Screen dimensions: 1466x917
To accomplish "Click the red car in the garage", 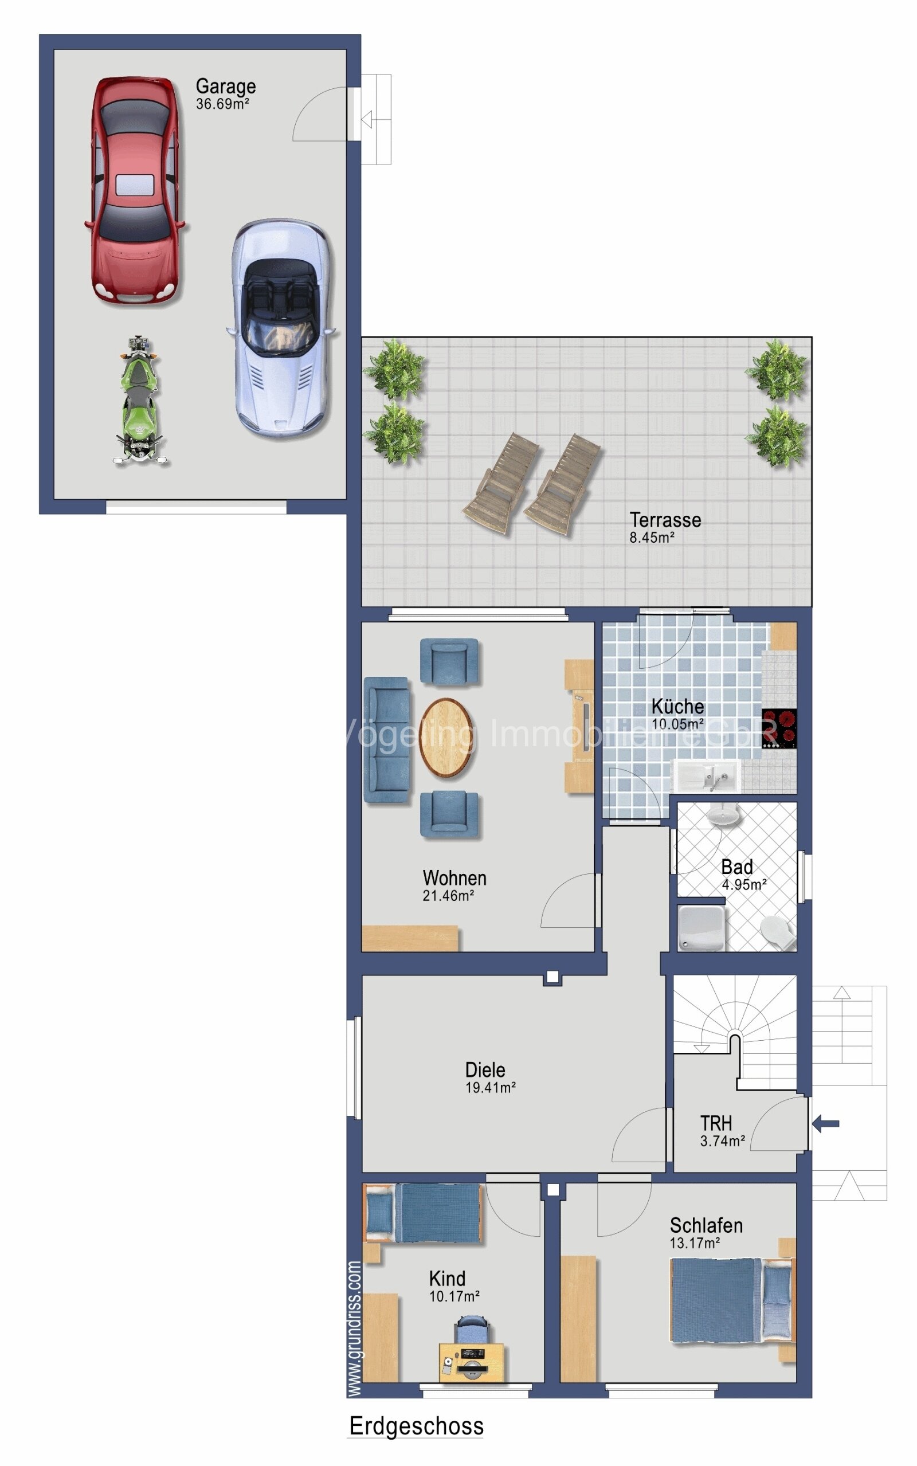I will pyautogui.click(x=135, y=189).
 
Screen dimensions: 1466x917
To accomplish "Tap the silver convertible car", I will pyautogui.click(x=281, y=328).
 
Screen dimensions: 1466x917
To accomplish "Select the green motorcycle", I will pyautogui.click(x=139, y=401).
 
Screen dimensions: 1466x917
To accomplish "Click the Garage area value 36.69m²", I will pyautogui.click(x=222, y=104).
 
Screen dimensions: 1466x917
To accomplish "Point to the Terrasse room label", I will pyautogui.click(x=665, y=520).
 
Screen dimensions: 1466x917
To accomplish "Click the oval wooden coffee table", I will pyautogui.click(x=446, y=737).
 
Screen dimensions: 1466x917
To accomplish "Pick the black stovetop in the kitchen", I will pyautogui.click(x=779, y=728).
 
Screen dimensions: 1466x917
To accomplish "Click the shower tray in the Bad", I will pyautogui.click(x=701, y=928).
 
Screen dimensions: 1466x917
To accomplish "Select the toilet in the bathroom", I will pyautogui.click(x=777, y=931).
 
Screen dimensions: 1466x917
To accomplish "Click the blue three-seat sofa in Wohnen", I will pyautogui.click(x=386, y=740).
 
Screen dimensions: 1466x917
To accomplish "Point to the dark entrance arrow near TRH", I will pyautogui.click(x=825, y=1123).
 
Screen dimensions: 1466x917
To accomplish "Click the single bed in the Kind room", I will pyautogui.click(x=424, y=1214).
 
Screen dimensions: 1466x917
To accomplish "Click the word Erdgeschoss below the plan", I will pyautogui.click(x=416, y=1426).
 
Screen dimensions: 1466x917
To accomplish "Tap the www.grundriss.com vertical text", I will pyautogui.click(x=355, y=1328).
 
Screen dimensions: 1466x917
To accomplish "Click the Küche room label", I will pyautogui.click(x=677, y=706).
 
